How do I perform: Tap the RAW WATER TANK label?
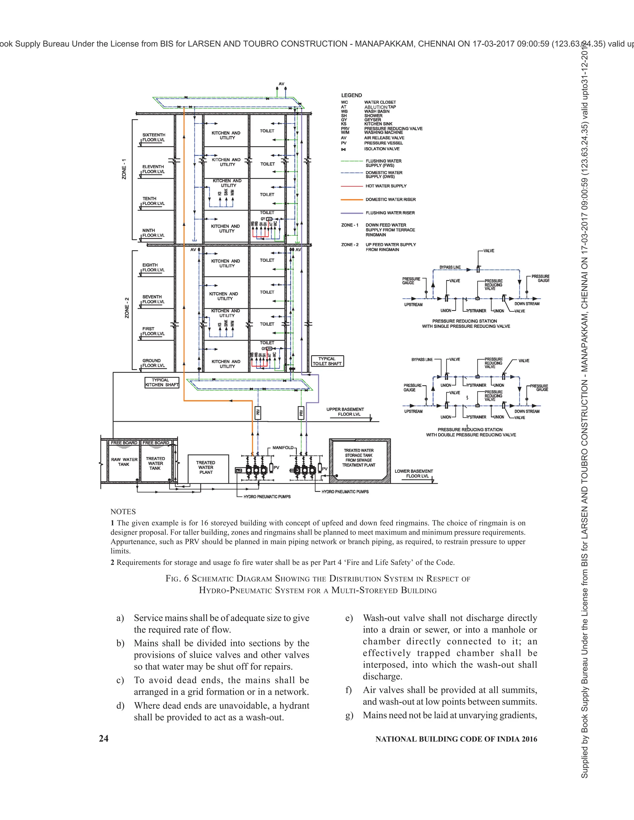click(124, 462)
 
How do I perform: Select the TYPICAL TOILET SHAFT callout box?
click(327, 361)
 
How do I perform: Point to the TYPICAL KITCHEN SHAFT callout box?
click(162, 382)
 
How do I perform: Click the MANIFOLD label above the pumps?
click(283, 447)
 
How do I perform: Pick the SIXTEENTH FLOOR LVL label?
click(153, 137)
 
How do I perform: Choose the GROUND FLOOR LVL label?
click(153, 363)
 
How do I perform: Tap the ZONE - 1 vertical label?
click(124, 169)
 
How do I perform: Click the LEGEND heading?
click(351, 95)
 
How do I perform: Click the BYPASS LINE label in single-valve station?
click(450, 267)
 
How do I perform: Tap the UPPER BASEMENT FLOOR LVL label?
click(345, 412)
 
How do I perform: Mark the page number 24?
click(104, 739)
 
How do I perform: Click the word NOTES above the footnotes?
click(123, 512)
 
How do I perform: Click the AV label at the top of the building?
click(281, 84)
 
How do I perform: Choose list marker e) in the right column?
click(349, 618)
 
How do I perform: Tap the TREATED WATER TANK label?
click(155, 463)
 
